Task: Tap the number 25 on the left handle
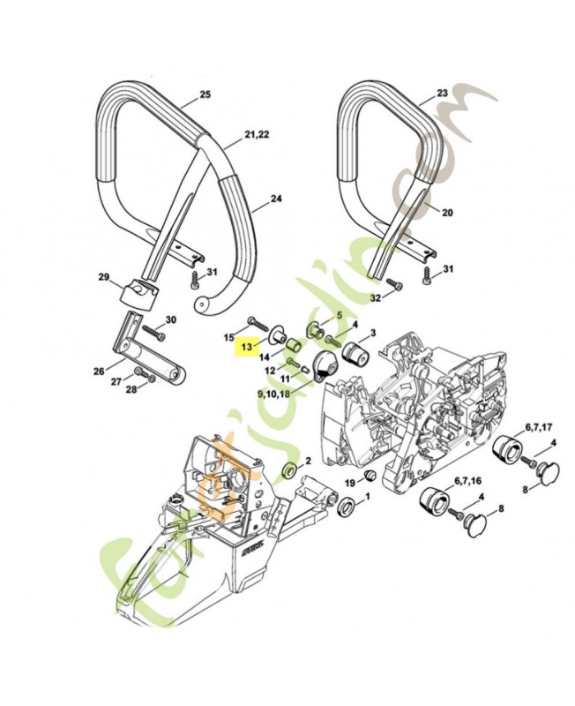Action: [x=205, y=94]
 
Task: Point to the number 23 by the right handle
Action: [x=443, y=92]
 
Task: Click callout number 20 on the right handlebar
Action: [x=447, y=213]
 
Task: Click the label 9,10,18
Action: [x=273, y=392]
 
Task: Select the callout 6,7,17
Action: [x=539, y=425]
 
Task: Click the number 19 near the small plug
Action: [x=349, y=483]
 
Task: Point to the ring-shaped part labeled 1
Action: [x=346, y=507]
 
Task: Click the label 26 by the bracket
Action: [x=98, y=371]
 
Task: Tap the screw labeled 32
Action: [x=394, y=285]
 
